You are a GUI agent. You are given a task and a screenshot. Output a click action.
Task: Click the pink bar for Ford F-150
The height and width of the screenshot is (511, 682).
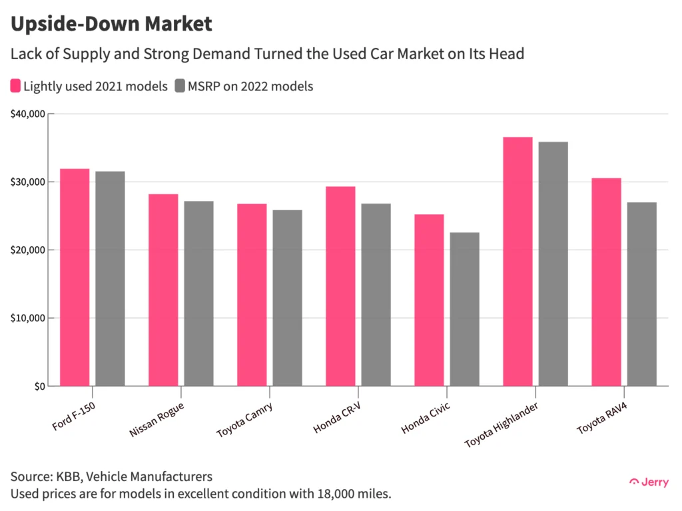click(x=75, y=277)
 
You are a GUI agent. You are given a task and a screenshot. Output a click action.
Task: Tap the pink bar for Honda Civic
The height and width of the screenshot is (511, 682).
click(x=429, y=300)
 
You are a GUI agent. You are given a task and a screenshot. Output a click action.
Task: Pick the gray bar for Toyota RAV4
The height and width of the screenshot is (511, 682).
click(x=641, y=294)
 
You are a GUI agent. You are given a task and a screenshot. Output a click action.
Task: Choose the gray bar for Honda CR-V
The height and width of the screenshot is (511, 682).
click(x=376, y=295)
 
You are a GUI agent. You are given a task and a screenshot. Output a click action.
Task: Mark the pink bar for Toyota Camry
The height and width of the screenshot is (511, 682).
click(x=252, y=295)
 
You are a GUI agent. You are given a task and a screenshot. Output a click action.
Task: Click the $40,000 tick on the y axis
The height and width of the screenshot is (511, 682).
click(x=27, y=114)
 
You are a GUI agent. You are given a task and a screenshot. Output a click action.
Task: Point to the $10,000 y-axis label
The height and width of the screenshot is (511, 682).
click(x=27, y=318)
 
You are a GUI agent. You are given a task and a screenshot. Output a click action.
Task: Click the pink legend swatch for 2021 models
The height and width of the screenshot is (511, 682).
click(x=15, y=86)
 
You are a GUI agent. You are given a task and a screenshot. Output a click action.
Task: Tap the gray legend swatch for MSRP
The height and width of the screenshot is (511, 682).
click(x=179, y=86)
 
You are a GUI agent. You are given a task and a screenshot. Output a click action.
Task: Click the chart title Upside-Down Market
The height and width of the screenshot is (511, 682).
click(x=111, y=25)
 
